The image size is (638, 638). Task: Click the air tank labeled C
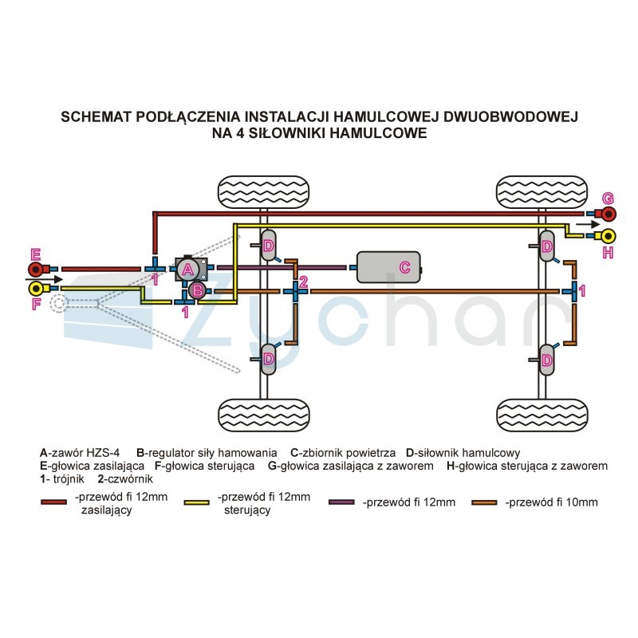pyautogui.click(x=388, y=267)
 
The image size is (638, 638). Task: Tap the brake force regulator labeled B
pyautogui.click(x=197, y=290)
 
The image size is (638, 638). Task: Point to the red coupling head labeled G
pyautogui.click(x=606, y=214)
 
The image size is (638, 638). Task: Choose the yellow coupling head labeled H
pyautogui.click(x=606, y=236)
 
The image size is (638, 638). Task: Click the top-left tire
pyautogui.click(x=264, y=192)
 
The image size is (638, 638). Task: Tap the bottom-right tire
pyautogui.click(x=542, y=415)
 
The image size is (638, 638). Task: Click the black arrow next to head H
pyautogui.click(x=588, y=224)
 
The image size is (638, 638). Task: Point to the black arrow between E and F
pyautogui.click(x=44, y=279)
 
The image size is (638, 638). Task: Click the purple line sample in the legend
pyautogui.click(x=341, y=502)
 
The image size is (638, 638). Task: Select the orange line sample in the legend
pyautogui.click(x=484, y=502)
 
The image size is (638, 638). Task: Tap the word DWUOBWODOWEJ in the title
pyautogui.click(x=510, y=116)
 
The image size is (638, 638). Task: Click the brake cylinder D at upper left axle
pyautogui.click(x=268, y=246)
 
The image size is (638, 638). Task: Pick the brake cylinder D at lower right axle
pyautogui.click(x=547, y=360)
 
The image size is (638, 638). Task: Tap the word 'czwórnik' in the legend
pyautogui.click(x=128, y=479)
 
